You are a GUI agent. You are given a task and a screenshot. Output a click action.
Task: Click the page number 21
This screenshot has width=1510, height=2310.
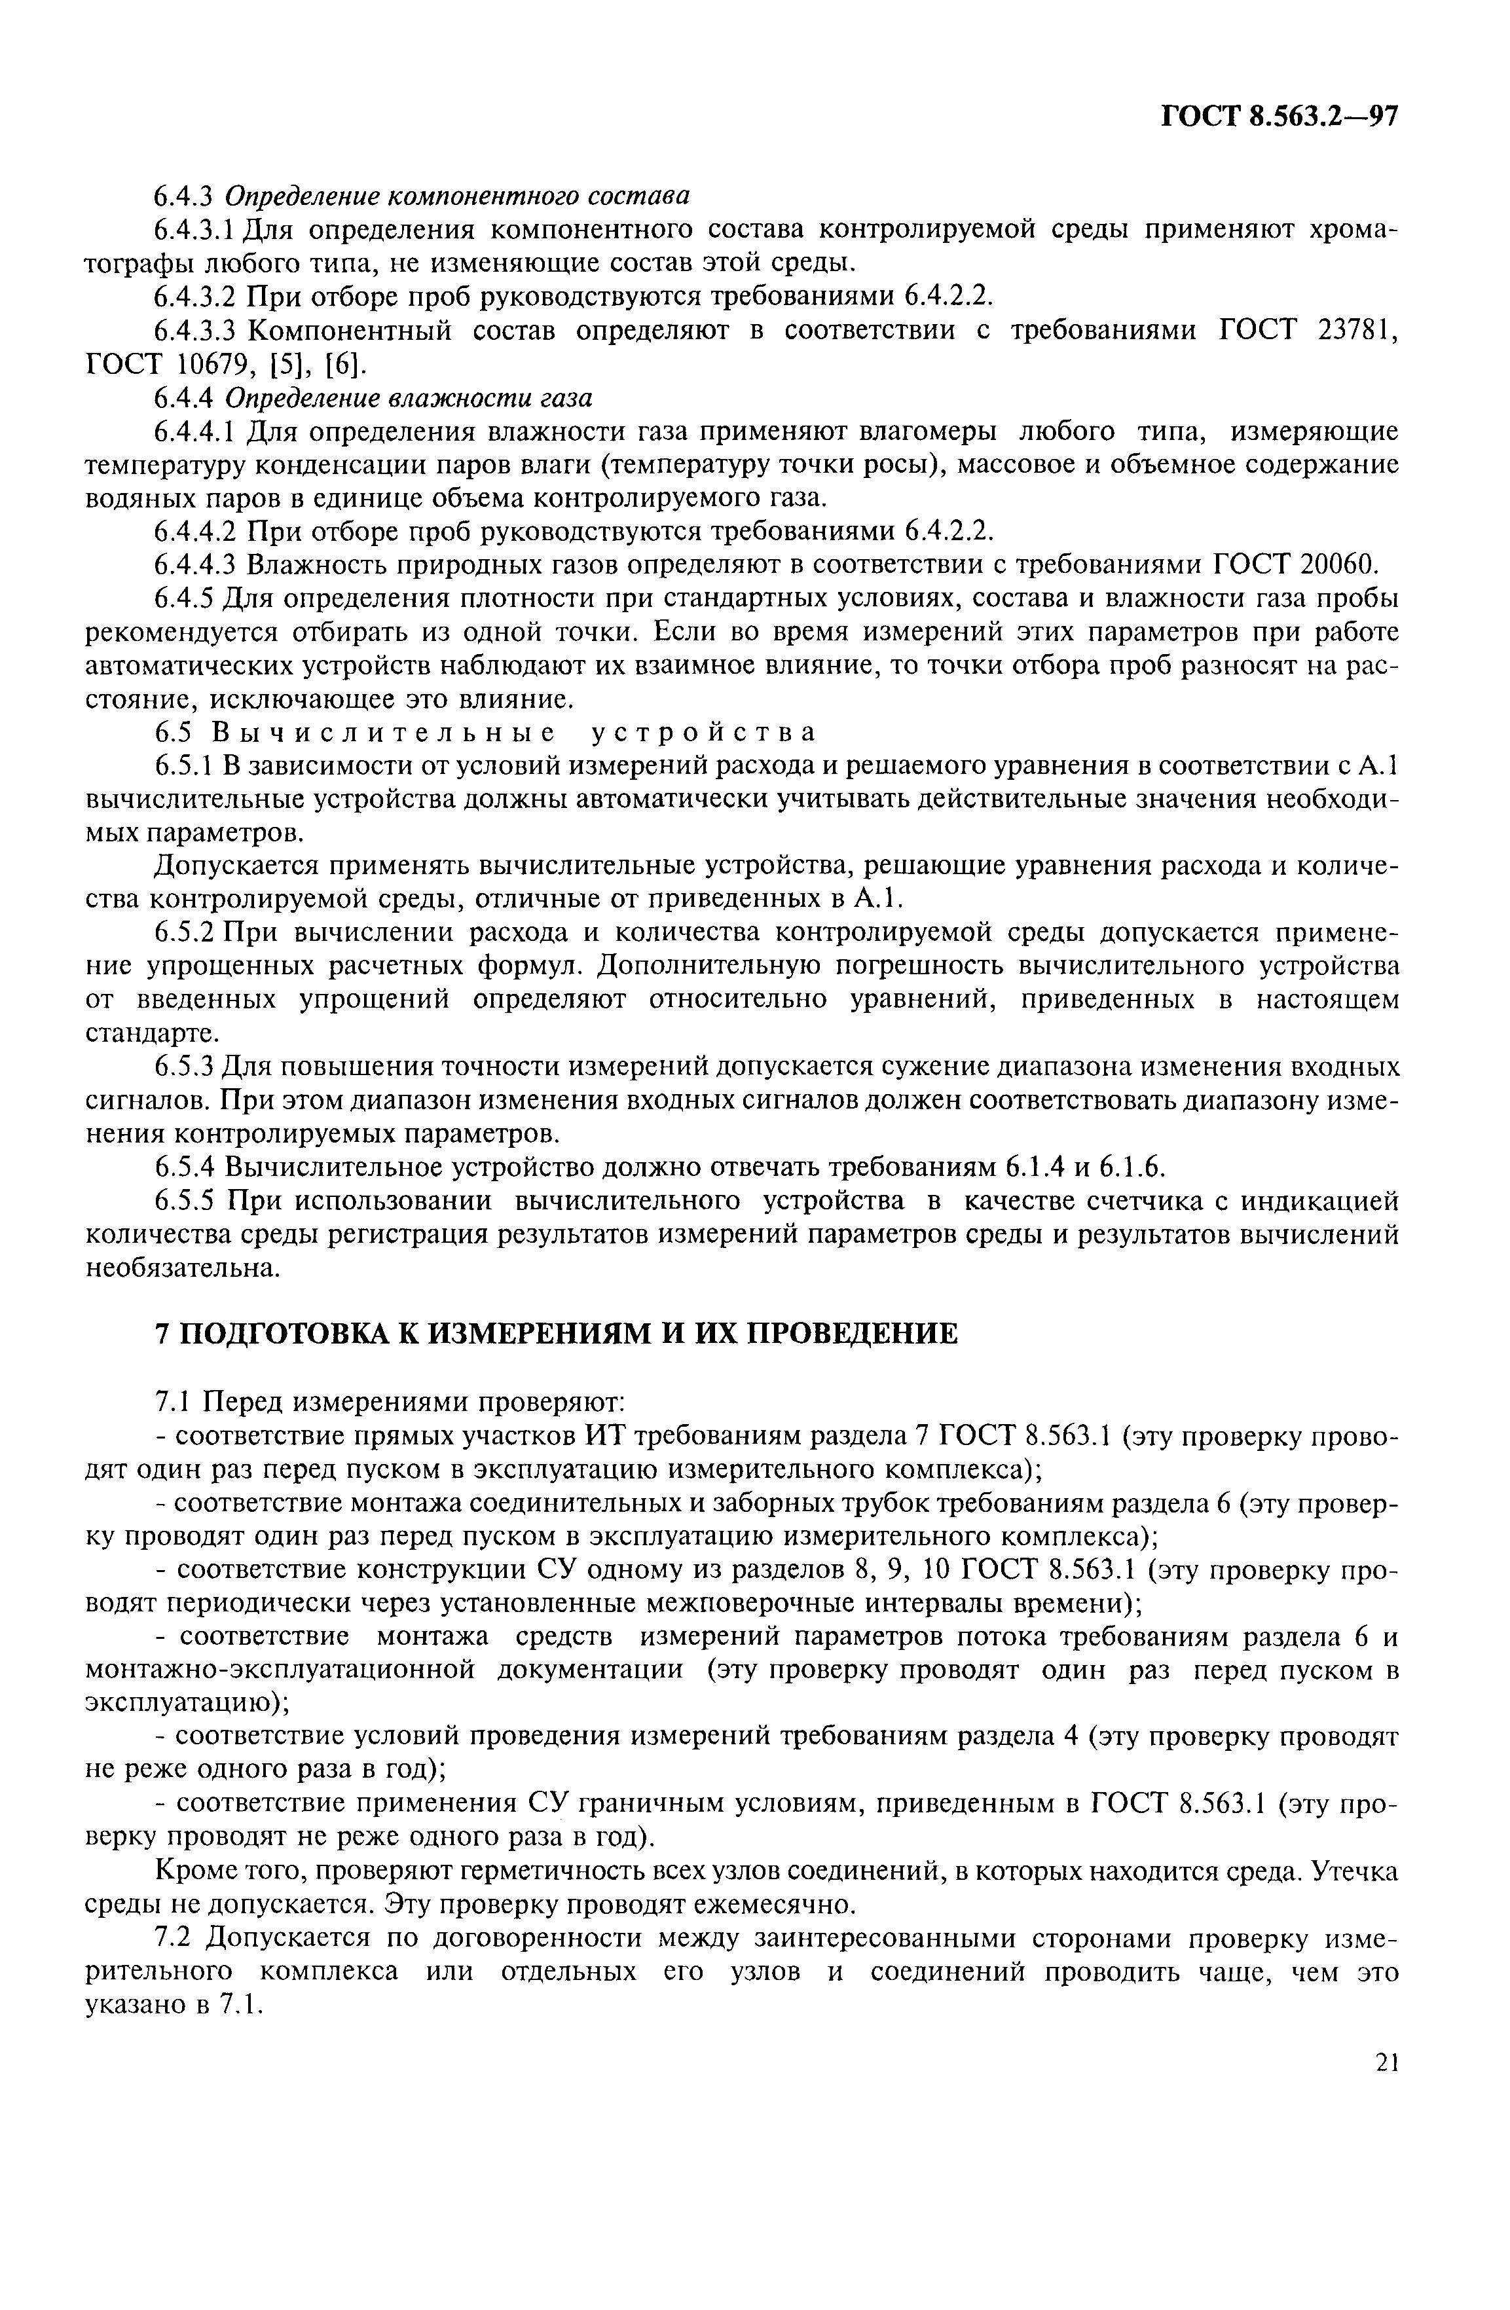click(x=1387, y=2089)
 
